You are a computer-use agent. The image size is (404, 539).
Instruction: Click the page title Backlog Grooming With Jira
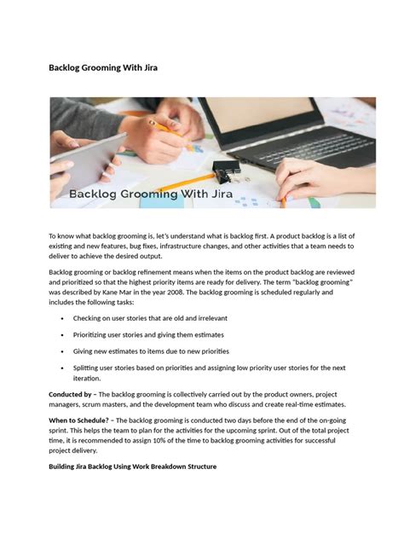(x=102, y=67)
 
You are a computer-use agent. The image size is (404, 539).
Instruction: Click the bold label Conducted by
(x=70, y=394)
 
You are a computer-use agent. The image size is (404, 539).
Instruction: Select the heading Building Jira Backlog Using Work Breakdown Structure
(x=132, y=467)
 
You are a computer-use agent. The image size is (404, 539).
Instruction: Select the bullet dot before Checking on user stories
(x=63, y=318)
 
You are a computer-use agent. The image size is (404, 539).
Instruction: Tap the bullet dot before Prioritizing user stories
(x=63, y=335)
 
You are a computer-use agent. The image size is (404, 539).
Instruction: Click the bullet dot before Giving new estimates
(x=63, y=351)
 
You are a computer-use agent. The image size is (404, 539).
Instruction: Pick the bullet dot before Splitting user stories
(x=63, y=368)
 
